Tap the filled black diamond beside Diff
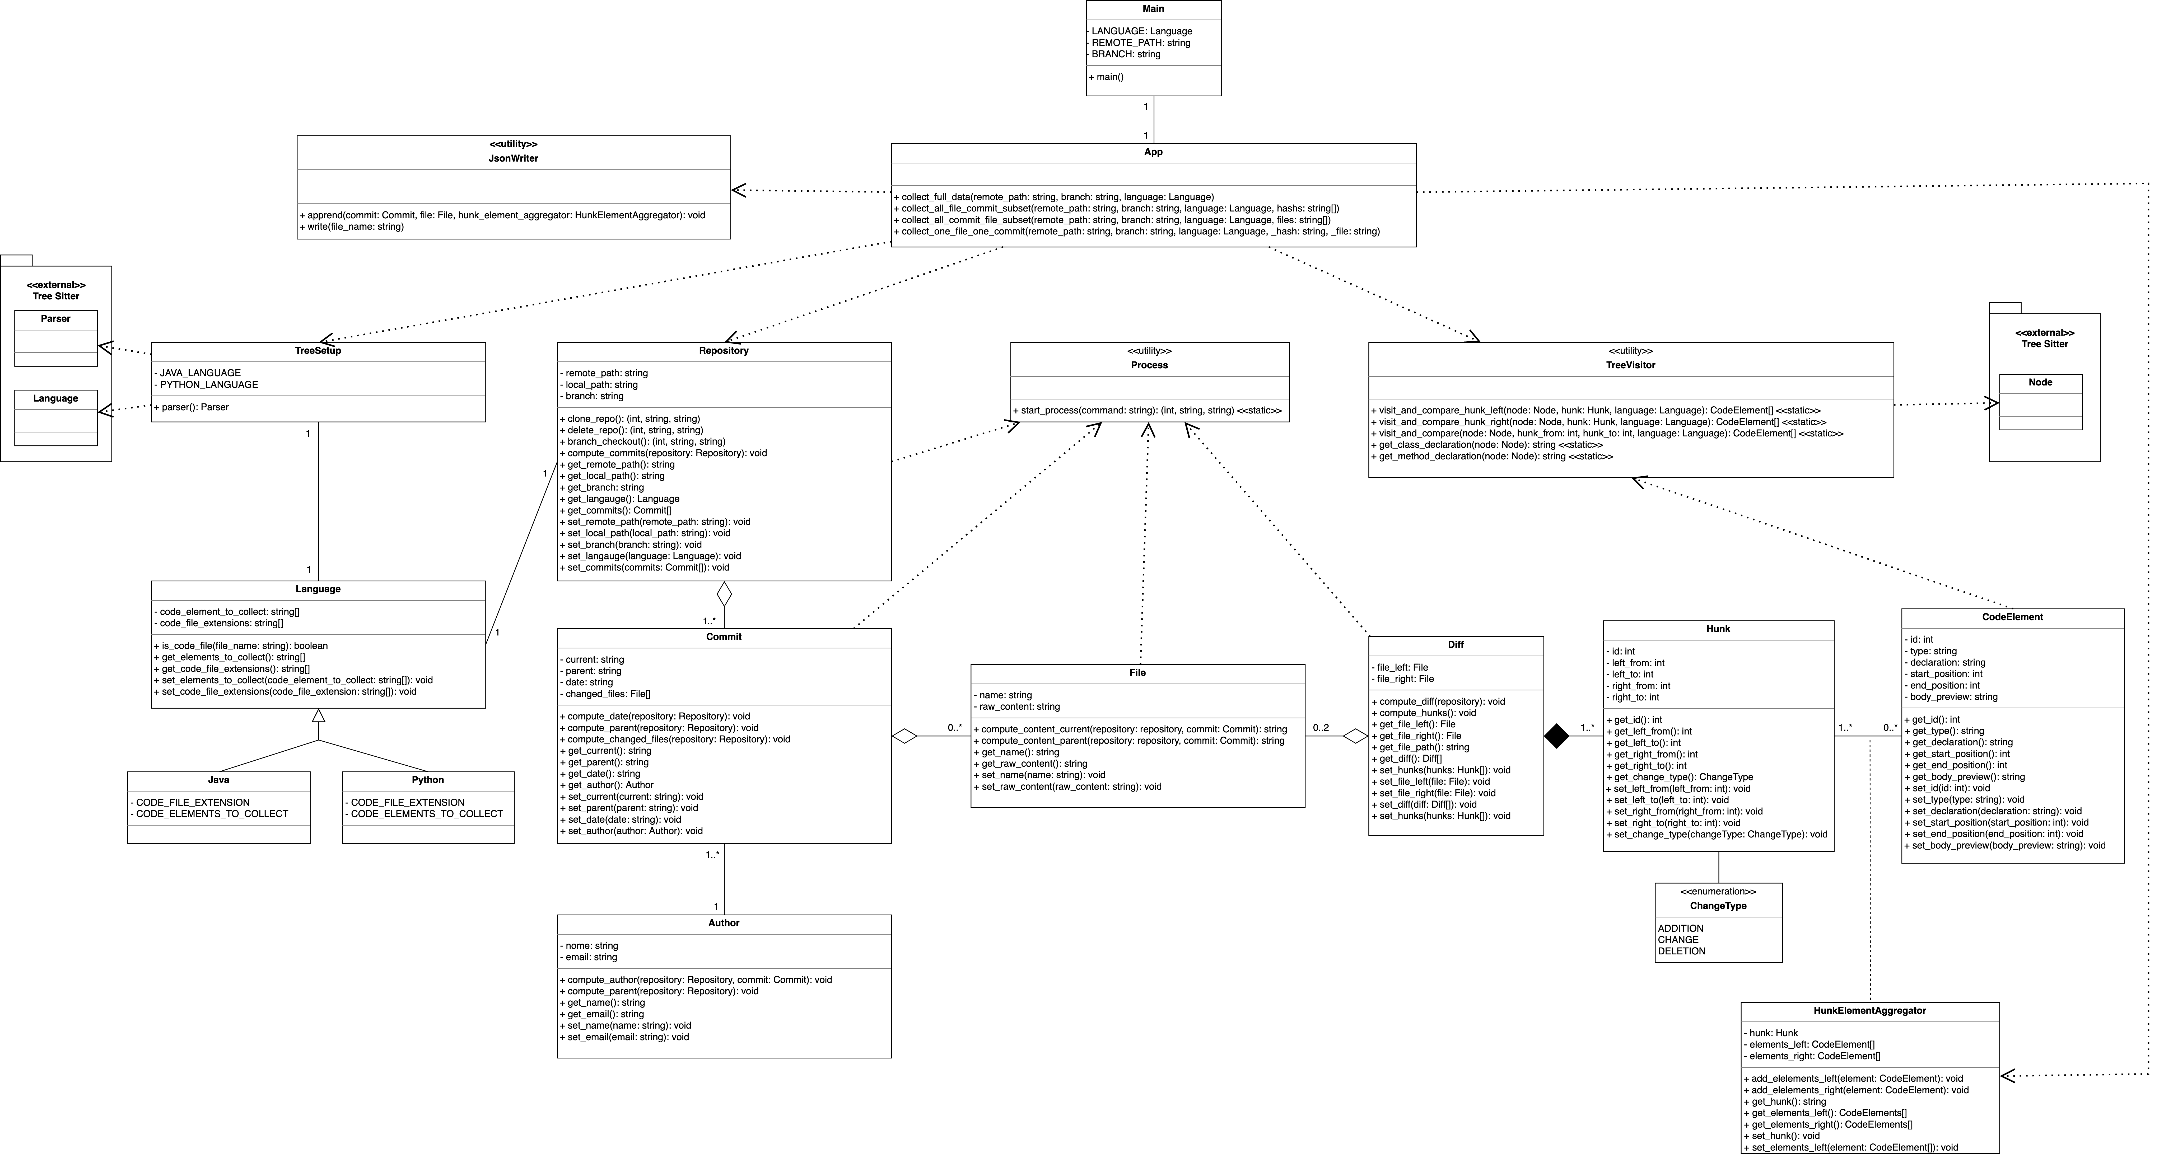tap(1557, 737)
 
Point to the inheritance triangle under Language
tap(318, 717)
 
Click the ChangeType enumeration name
tap(1718, 906)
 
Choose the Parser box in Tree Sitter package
tap(55, 319)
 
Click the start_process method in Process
tap(1148, 411)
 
